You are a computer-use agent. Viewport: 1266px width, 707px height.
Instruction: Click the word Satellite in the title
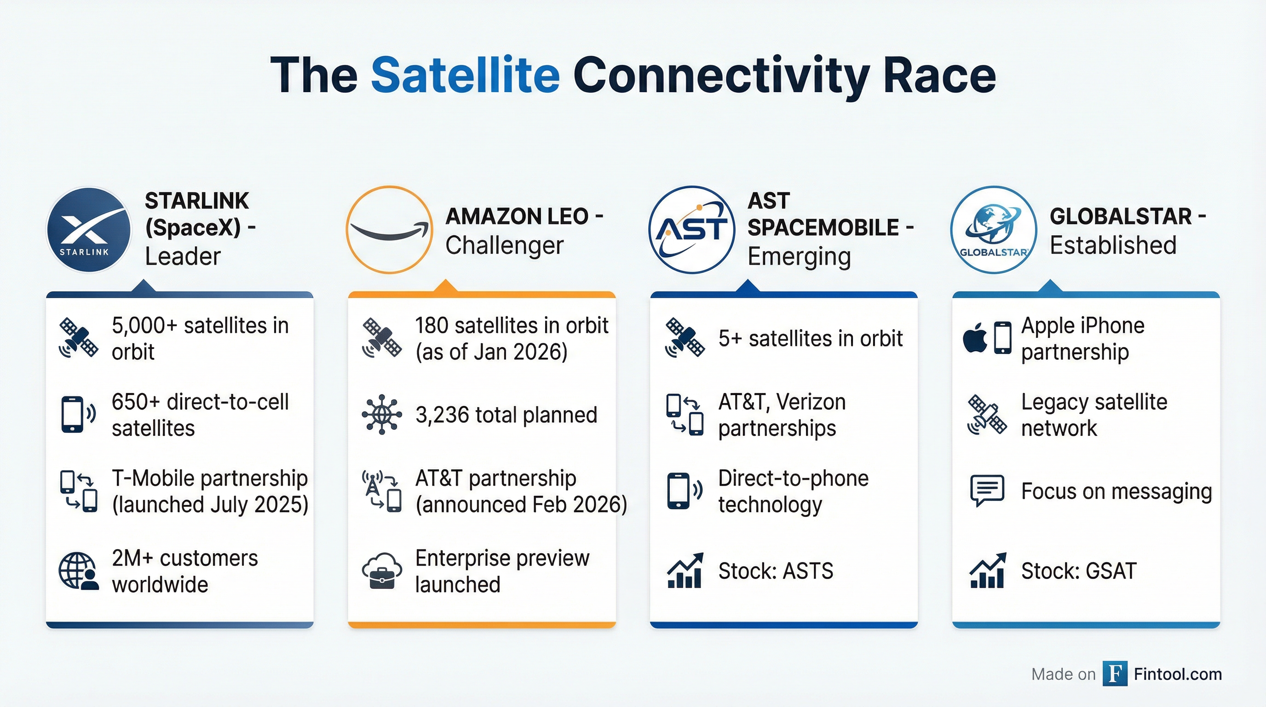coord(465,75)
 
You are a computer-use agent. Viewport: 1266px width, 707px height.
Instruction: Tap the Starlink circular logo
coord(89,230)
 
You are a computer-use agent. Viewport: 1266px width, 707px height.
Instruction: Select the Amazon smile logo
coord(389,230)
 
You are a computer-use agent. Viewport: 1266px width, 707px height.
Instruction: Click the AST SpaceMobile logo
coord(691,230)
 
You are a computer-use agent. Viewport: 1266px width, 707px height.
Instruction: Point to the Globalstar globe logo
coord(993,230)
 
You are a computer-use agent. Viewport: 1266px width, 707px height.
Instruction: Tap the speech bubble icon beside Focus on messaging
coord(987,490)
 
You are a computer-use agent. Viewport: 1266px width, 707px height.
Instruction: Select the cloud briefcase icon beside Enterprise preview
coord(381,571)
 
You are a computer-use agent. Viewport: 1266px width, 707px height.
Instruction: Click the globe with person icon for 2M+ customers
coord(78,571)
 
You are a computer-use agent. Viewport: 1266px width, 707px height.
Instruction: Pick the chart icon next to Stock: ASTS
coord(685,571)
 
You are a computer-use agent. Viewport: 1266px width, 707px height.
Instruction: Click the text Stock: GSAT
coord(1079,571)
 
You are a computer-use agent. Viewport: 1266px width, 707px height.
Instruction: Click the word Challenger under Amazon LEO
coord(504,245)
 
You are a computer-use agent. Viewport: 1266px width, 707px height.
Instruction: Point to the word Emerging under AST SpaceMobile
coord(799,256)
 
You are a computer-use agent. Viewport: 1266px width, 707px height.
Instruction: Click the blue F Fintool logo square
coord(1115,673)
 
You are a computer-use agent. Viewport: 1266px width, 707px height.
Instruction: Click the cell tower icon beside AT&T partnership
coord(373,484)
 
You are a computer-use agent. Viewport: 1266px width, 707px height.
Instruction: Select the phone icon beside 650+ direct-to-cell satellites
coord(73,414)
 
